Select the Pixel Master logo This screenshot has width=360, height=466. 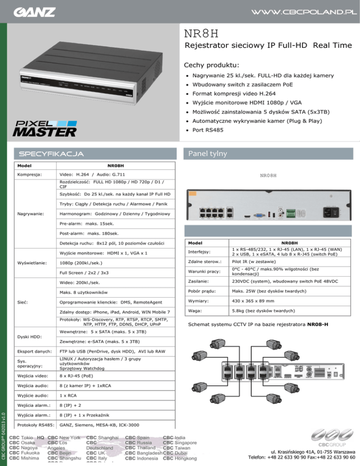(44, 127)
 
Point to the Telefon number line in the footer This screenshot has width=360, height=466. (300, 458)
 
